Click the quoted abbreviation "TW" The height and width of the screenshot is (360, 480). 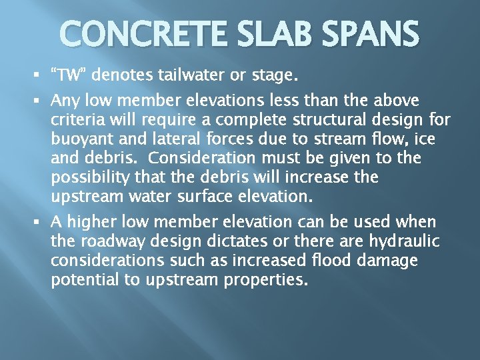[x=69, y=75]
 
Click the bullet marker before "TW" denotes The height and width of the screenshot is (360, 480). [x=43, y=75]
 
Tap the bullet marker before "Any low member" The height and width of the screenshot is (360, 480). [x=43, y=101]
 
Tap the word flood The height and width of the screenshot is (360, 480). [x=288, y=261]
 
